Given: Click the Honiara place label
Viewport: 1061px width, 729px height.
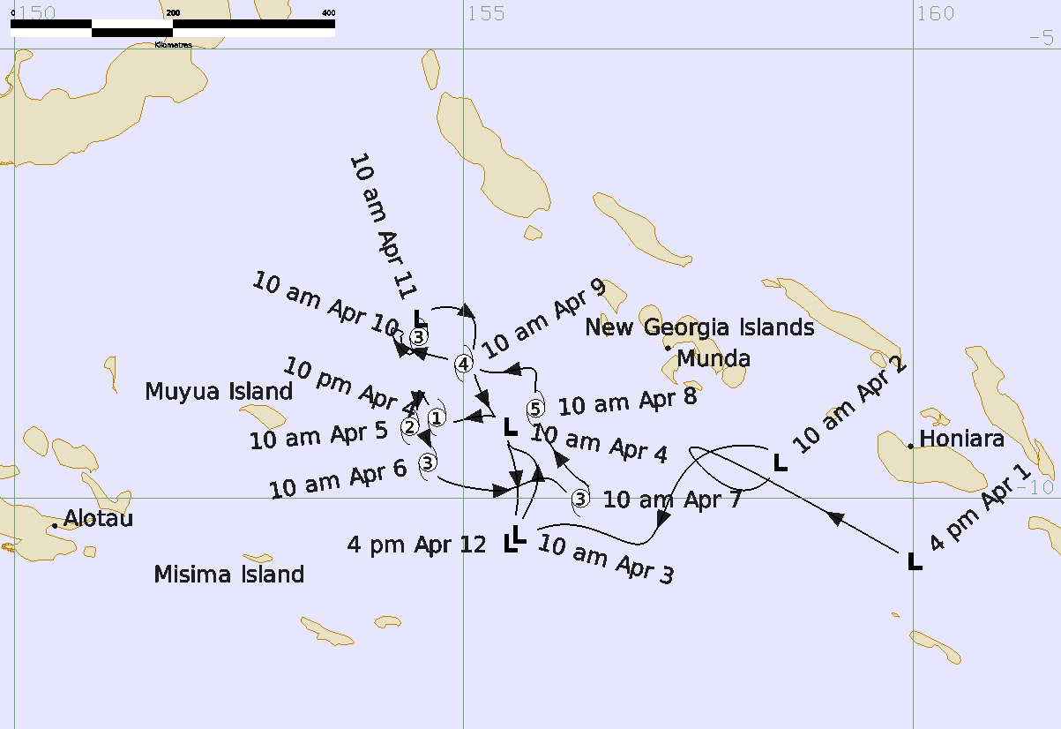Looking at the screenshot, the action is [x=962, y=439].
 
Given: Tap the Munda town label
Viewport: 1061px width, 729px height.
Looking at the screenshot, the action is [x=714, y=358].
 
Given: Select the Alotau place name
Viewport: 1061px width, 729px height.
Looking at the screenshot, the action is [x=98, y=518].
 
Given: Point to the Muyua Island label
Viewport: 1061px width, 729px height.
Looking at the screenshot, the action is [x=219, y=391].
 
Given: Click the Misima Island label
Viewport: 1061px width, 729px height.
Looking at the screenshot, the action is [x=228, y=575].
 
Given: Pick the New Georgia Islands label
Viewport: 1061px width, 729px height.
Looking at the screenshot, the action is [x=699, y=327].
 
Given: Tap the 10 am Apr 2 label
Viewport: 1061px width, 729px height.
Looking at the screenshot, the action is [x=848, y=402].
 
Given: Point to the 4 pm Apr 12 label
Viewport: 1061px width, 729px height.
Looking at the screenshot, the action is [x=416, y=545].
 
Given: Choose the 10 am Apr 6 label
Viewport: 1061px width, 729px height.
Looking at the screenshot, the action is [x=338, y=476].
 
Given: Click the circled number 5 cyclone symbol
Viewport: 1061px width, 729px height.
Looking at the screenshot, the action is [x=535, y=409].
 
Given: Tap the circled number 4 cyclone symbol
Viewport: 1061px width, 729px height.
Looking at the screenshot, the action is [x=463, y=363].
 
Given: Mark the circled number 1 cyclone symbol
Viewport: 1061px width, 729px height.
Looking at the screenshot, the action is [x=436, y=417].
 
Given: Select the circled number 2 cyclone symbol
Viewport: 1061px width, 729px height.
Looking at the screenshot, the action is [x=409, y=427].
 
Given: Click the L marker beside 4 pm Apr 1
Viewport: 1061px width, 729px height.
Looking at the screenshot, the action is [x=915, y=561].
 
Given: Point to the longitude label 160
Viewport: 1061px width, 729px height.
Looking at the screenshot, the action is [x=936, y=13].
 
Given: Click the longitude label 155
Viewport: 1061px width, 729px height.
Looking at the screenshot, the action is [x=486, y=13].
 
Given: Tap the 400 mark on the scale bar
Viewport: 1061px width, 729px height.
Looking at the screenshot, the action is [x=328, y=12].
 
